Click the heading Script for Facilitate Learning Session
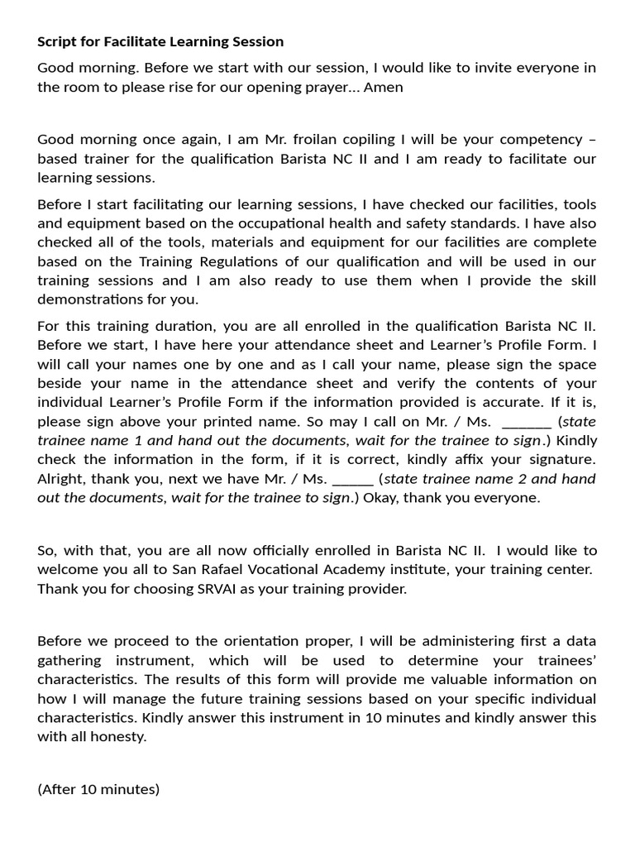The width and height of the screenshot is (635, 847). (160, 41)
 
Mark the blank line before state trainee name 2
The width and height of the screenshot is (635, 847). (353, 478)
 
